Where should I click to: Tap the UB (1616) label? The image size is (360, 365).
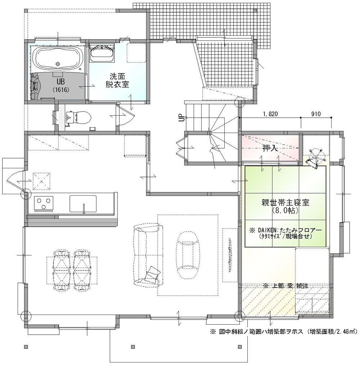60,85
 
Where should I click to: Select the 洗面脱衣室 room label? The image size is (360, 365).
117,80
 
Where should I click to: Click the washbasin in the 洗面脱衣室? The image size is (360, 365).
102,53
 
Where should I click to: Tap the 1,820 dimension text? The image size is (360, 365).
270,114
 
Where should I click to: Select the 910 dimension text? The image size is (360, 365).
316,114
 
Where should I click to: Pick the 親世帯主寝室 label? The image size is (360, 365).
285,202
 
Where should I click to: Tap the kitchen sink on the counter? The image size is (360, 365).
83,204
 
